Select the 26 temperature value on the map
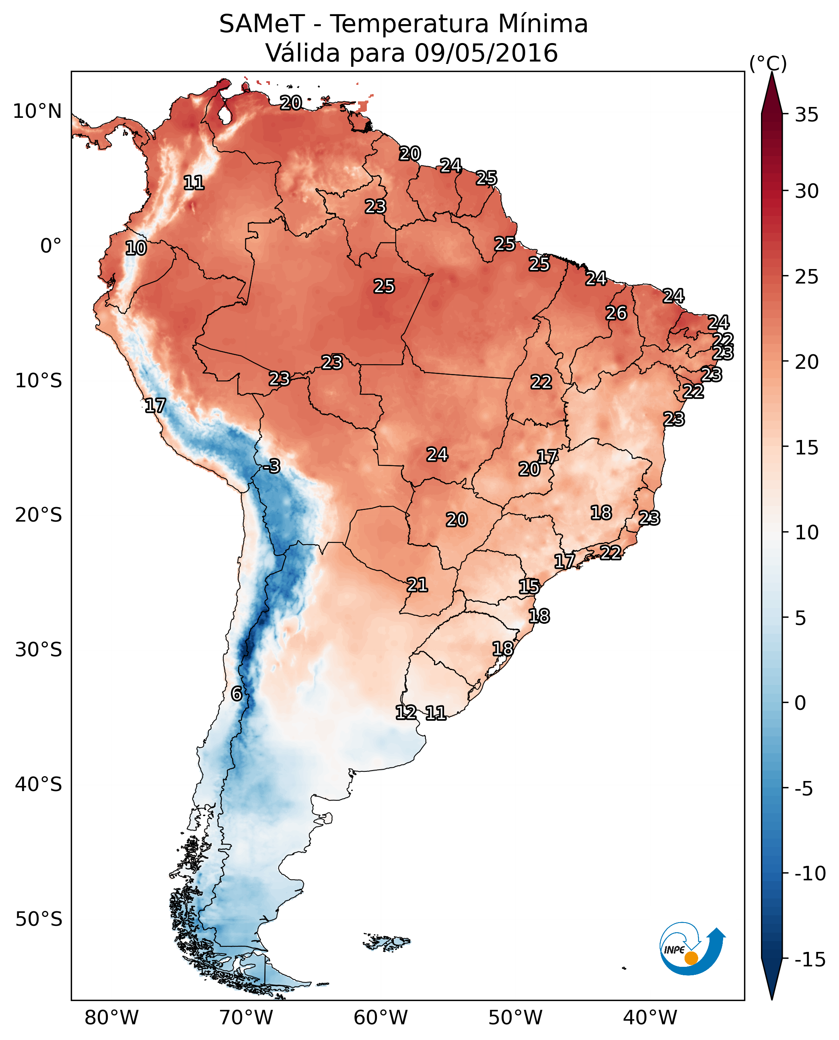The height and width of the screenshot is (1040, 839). pos(616,313)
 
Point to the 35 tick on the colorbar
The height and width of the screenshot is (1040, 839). pos(806,115)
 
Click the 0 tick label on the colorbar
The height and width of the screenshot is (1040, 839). pos(800,703)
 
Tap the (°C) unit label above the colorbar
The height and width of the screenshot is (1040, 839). pos(768,63)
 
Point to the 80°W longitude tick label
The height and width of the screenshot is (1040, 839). pos(112,1018)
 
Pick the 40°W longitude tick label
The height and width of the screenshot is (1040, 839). pos(650,1018)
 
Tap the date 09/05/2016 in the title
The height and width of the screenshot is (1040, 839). pos(486,53)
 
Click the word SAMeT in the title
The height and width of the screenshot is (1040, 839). pos(262,24)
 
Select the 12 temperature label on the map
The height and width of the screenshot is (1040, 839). pos(406,712)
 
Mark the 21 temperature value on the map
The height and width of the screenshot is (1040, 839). pos(417,585)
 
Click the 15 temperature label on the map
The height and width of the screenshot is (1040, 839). pos(529,587)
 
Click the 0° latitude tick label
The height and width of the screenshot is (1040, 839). pos(51,246)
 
